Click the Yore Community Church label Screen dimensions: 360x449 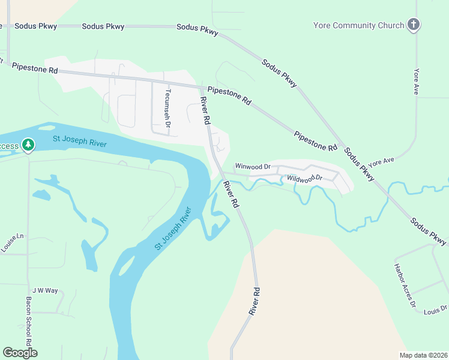coord(358,25)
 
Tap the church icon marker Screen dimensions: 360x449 coord(413,25)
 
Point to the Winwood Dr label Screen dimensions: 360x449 coord(253,166)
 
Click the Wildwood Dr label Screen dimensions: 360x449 coord(304,178)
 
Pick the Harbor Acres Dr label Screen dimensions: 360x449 coord(405,286)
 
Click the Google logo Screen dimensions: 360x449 coord(20,352)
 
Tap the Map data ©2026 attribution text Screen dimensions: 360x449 coord(423,355)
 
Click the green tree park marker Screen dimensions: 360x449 coord(28,145)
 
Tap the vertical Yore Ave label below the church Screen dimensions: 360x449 coord(415,81)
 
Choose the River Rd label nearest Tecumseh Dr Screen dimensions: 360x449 coord(205,110)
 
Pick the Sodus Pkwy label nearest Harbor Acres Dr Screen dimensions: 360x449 coord(429,230)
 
